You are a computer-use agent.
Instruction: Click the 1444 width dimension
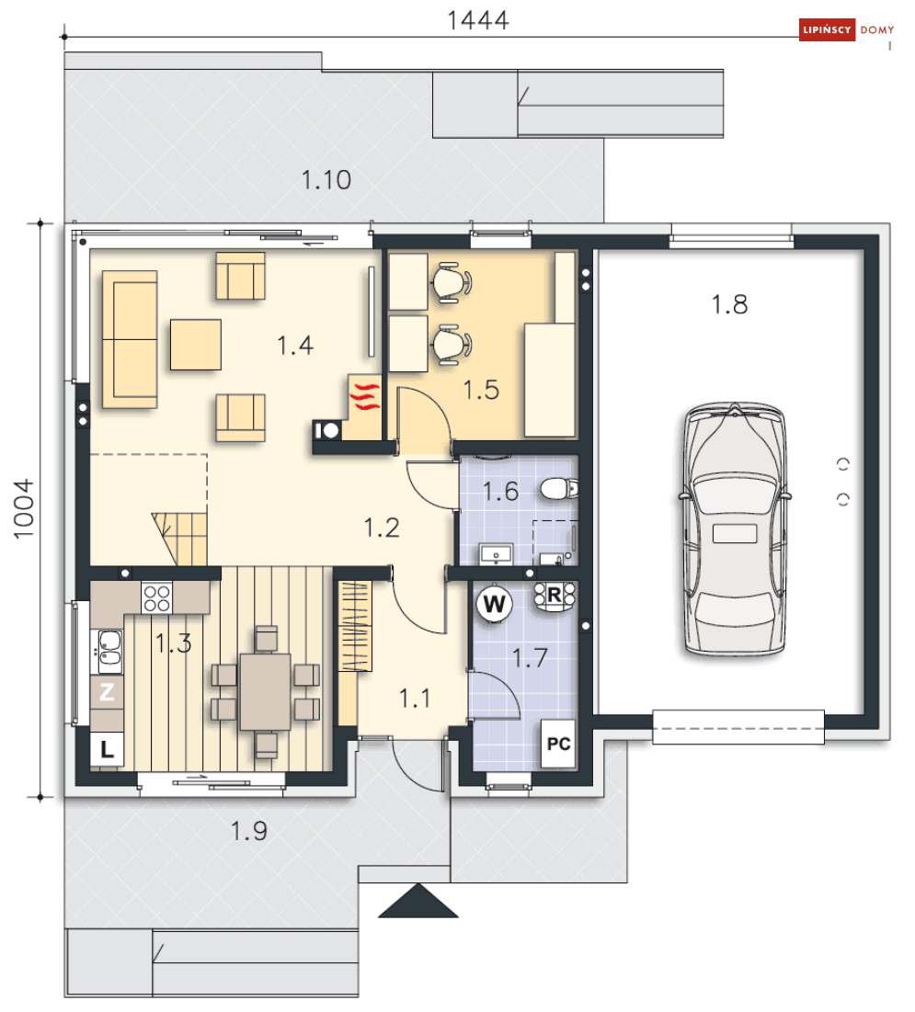click(478, 20)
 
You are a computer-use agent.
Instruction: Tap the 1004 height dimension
click(23, 509)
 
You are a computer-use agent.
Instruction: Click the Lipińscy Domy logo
click(847, 29)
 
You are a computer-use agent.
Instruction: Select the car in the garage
click(734, 529)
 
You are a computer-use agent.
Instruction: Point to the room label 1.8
click(729, 304)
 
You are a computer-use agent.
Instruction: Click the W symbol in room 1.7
click(495, 604)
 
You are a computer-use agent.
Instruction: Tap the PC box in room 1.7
click(558, 744)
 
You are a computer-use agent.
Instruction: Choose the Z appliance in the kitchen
click(107, 692)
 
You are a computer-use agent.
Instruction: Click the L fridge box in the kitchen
click(107, 749)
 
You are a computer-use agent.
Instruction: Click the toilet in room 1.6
click(558, 489)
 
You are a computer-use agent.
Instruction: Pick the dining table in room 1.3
click(266, 691)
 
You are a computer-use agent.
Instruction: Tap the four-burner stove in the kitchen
click(157, 597)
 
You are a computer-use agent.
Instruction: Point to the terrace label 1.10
click(326, 180)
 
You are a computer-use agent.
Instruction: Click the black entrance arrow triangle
click(418, 901)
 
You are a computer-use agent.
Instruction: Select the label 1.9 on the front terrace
click(249, 831)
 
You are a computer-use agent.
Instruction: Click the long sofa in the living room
click(130, 339)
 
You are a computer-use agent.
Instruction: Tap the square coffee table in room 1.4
click(196, 345)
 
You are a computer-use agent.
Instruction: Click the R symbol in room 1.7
click(555, 595)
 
